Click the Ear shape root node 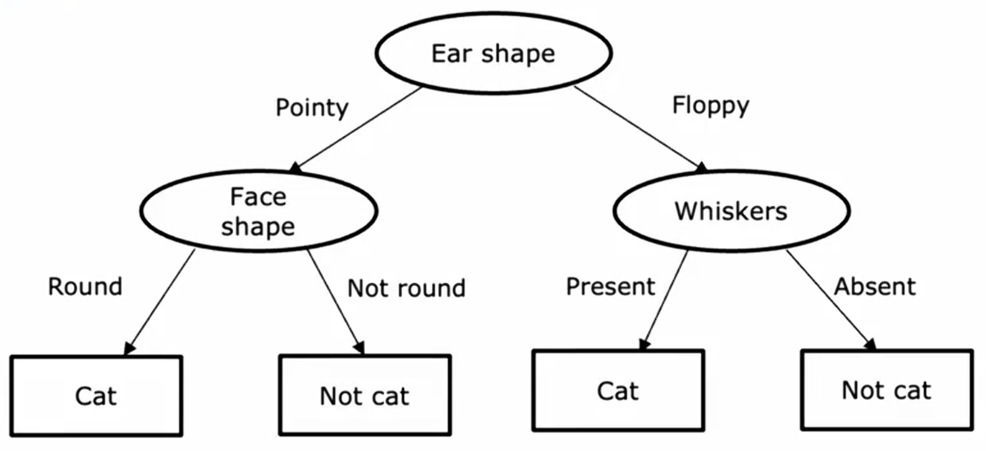492,53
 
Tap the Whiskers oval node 730,211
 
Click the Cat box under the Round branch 96,396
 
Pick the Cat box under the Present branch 618,391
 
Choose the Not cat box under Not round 364,396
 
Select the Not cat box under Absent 886,390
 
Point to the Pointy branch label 312,108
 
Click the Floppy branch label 710,106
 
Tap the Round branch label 85,286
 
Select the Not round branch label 406,288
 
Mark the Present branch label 611,286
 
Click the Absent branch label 874,286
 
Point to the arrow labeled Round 159,300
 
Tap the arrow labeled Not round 335,301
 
